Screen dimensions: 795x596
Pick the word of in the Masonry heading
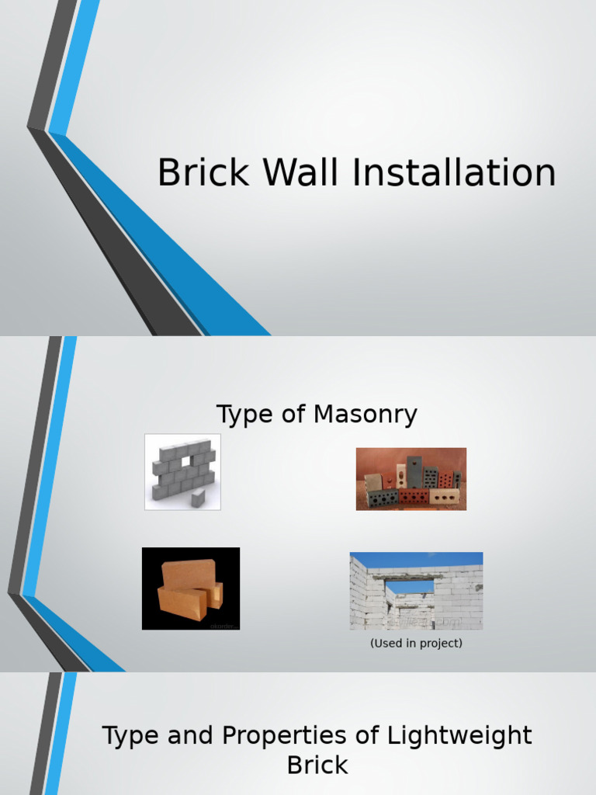[x=293, y=415]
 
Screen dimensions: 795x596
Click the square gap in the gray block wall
[x=186, y=462]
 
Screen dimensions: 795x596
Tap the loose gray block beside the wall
[x=199, y=498]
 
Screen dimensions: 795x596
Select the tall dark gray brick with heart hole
[x=414, y=470]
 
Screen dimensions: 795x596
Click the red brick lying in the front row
[x=414, y=497]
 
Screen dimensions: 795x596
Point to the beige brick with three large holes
[x=446, y=496]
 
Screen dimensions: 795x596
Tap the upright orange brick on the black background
[x=188, y=575]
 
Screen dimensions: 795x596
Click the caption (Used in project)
[x=416, y=644]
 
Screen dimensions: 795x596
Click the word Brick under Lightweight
[x=317, y=765]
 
